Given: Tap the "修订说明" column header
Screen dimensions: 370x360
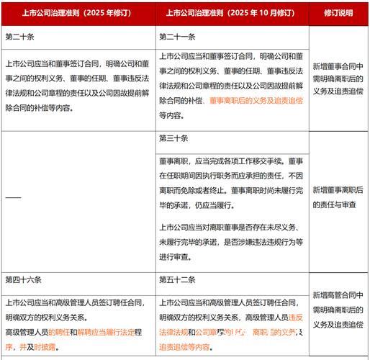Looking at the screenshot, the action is (x=338, y=13).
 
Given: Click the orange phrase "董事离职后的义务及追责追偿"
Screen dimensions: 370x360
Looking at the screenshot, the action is (x=256, y=101).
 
